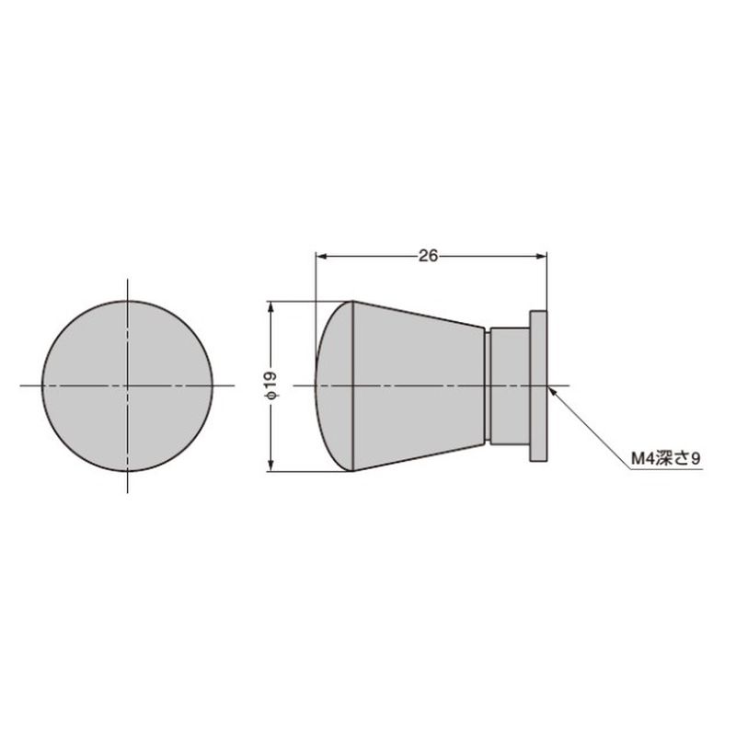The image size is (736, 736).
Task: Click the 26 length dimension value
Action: pyautogui.click(x=428, y=256)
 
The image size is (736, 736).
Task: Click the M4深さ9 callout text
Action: pyautogui.click(x=665, y=458)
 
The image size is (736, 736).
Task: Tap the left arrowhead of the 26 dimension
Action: pyautogui.click(x=322, y=257)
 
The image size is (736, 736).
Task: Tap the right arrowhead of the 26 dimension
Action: pyautogui.click(x=541, y=257)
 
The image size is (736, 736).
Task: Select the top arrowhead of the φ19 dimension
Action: pyautogui.click(x=270, y=307)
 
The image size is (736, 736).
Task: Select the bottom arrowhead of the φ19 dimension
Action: pyautogui.click(x=270, y=466)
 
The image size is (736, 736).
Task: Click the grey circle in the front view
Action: pyautogui.click(x=128, y=385)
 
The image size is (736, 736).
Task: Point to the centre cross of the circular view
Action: pyautogui.click(x=128, y=385)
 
